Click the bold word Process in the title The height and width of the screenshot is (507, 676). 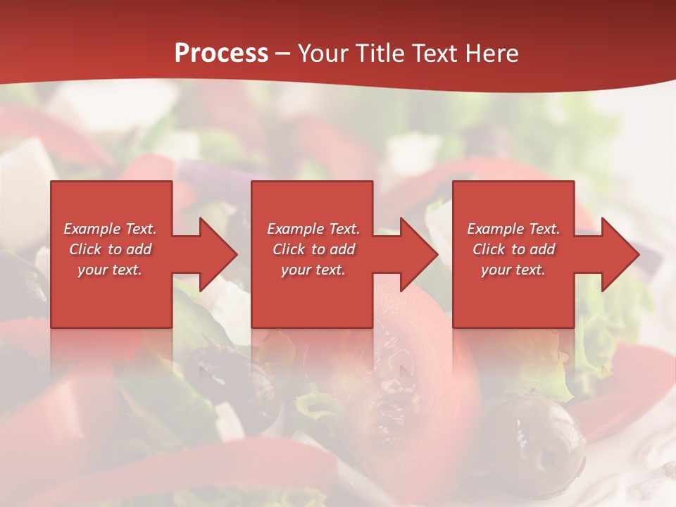221,54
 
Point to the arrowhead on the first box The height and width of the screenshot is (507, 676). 215,254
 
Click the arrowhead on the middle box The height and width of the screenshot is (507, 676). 416,254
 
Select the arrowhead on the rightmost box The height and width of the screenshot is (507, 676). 618,254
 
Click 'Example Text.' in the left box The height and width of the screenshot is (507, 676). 110,229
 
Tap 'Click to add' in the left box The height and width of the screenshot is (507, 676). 110,249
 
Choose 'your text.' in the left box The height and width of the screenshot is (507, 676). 110,270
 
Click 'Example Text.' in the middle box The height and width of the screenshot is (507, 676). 313,229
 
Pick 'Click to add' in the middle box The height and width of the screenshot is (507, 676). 313,249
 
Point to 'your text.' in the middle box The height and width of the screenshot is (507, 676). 313,270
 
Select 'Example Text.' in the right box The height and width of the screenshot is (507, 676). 513,229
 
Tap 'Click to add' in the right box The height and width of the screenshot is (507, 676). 513,249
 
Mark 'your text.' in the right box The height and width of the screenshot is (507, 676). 513,270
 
